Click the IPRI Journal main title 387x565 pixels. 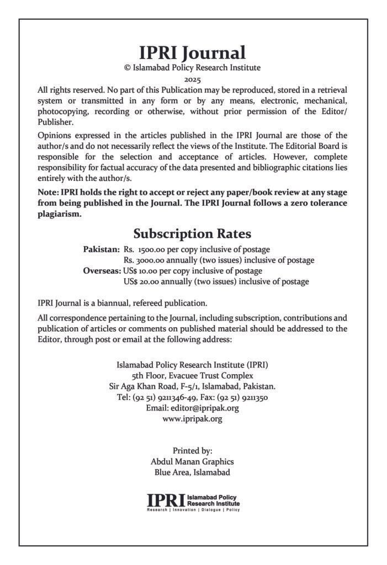(x=193, y=53)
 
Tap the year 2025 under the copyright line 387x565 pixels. (x=193, y=80)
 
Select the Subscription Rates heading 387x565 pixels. (x=192, y=233)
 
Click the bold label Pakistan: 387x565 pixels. (x=102, y=249)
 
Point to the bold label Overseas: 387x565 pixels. (x=102, y=271)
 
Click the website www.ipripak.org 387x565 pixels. (x=192, y=419)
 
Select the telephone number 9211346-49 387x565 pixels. (x=175, y=397)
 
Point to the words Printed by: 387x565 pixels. (x=192, y=450)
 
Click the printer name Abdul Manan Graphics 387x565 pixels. (x=192, y=461)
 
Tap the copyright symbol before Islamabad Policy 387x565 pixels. (x=128, y=68)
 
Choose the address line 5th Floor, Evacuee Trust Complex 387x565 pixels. (x=192, y=376)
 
